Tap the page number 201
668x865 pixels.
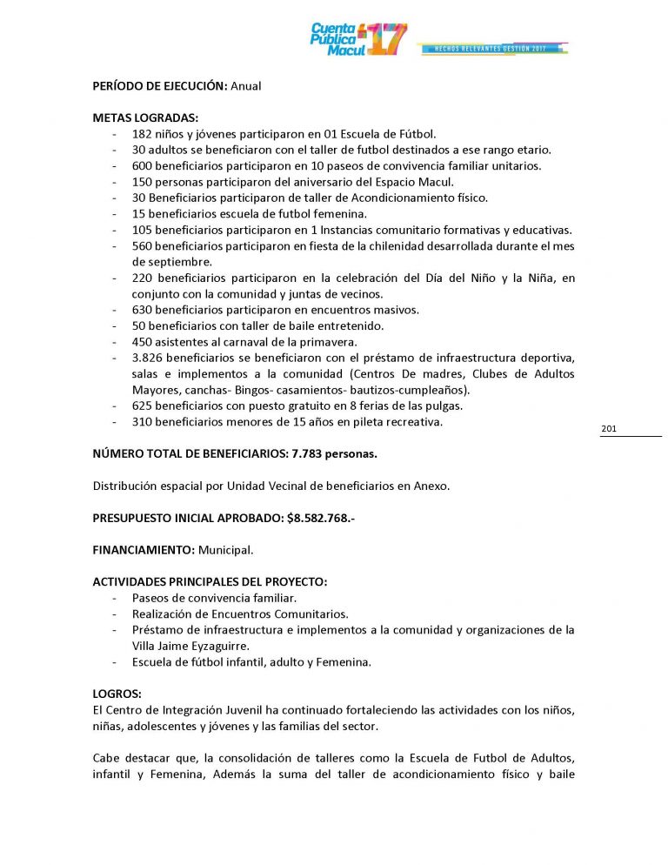coord(609,429)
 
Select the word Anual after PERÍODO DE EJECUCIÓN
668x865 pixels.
coord(246,86)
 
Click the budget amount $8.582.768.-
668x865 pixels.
coord(320,518)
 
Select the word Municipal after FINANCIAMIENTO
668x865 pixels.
coord(228,550)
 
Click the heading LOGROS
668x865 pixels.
coord(117,694)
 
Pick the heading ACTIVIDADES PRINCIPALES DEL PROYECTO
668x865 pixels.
coord(210,581)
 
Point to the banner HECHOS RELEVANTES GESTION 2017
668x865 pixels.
coord(492,48)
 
